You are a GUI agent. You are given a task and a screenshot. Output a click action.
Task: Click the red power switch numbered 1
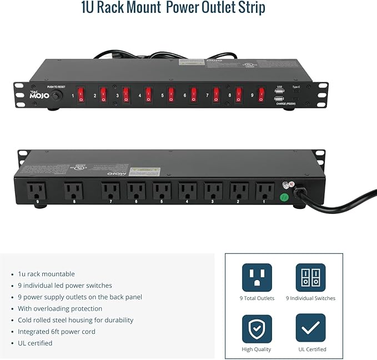click(x=81, y=95)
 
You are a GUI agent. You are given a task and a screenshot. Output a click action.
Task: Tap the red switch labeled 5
click(x=171, y=95)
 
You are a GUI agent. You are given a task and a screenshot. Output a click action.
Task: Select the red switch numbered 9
click(x=261, y=95)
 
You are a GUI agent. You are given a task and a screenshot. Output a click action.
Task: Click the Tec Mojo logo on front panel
click(x=35, y=95)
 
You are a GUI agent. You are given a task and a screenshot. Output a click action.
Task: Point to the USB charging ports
click(x=280, y=95)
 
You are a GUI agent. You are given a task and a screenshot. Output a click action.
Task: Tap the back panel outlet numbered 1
click(x=264, y=192)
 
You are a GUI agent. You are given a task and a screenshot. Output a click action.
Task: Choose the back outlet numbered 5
click(x=162, y=192)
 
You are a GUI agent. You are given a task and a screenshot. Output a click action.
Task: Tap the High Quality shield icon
click(x=257, y=328)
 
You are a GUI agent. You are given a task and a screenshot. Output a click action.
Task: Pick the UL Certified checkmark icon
click(x=310, y=328)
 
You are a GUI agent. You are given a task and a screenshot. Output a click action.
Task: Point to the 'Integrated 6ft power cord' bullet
click(x=57, y=332)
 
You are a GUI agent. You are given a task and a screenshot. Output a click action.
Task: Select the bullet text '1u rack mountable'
click(x=46, y=274)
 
